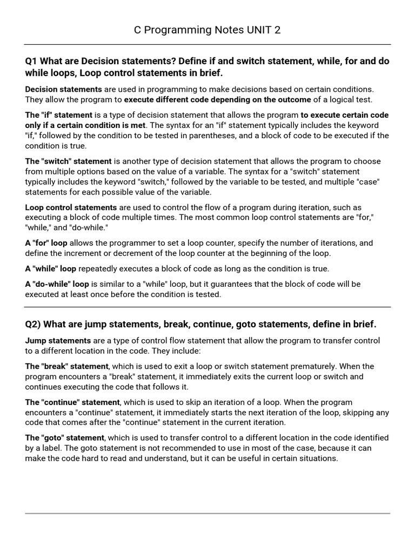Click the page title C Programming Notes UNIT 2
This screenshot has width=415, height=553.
tap(207, 30)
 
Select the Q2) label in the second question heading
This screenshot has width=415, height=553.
tap(33, 324)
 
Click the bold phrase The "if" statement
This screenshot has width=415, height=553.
tap(59, 115)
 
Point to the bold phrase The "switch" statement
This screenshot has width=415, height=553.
tap(68, 161)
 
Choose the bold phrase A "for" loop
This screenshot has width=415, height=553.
tap(46, 243)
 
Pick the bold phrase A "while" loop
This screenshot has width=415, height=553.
tap(51, 268)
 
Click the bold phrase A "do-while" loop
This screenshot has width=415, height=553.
tap(57, 284)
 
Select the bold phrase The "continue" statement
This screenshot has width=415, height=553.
tap(72, 402)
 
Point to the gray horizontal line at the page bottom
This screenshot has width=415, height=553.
tap(207, 513)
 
